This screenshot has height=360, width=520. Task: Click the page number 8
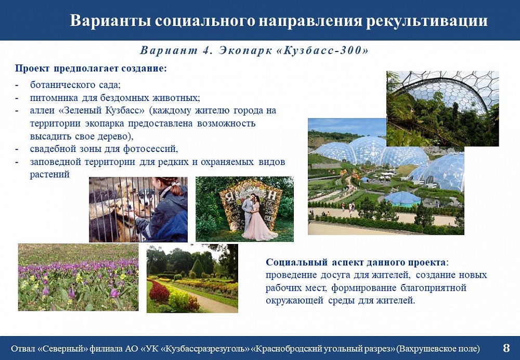[506, 348]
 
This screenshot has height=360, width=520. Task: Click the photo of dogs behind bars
[138, 209]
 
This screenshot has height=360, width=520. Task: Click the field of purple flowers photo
[79, 277]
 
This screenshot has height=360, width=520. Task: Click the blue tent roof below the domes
[402, 198]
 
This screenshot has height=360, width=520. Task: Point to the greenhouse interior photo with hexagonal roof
[443, 109]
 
